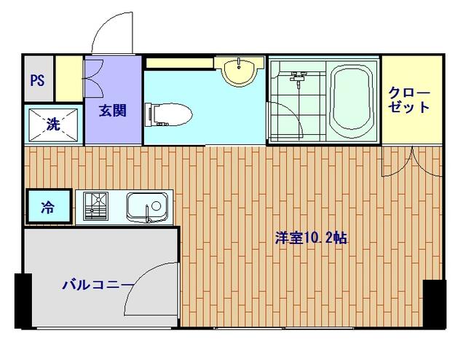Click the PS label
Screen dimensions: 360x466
click(37, 80)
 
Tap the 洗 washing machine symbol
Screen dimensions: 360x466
click(52, 125)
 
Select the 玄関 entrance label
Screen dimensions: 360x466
click(113, 111)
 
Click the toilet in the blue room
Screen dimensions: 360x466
click(169, 114)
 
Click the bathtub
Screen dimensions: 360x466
click(352, 101)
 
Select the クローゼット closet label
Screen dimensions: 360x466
click(410, 101)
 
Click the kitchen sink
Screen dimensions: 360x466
click(148, 207)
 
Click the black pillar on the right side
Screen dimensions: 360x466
click(435, 304)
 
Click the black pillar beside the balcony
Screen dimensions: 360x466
click(23, 301)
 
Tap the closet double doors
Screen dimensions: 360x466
click(411, 162)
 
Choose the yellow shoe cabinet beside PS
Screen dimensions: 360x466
click(69, 79)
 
